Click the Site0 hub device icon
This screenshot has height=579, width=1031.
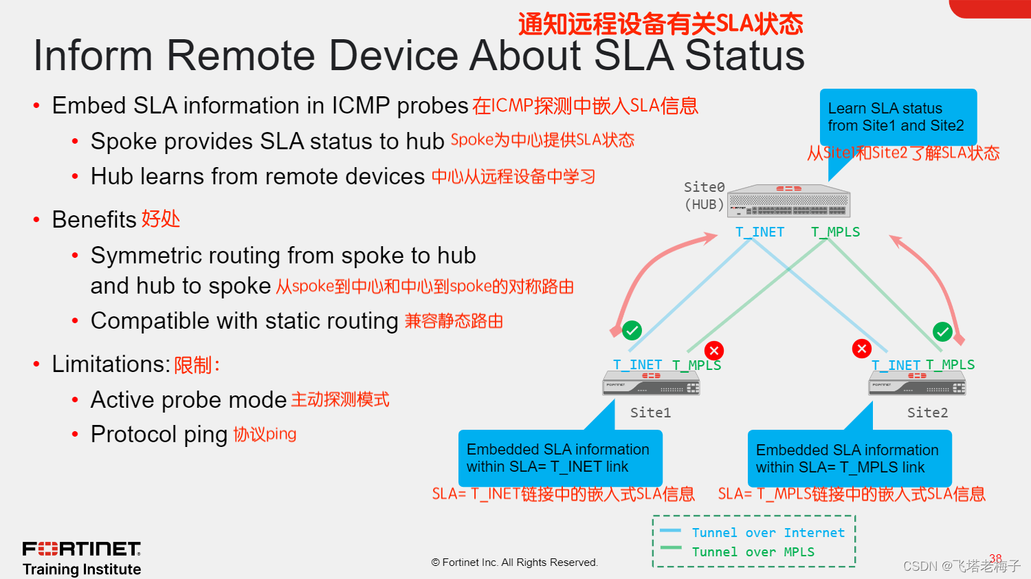pos(790,201)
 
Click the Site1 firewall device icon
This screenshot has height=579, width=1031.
pos(651,383)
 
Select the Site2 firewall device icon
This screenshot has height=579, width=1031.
pos(917,384)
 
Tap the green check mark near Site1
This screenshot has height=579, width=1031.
pos(632,330)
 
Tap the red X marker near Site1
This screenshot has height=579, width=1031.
pos(714,351)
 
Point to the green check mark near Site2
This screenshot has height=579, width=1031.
pos(942,331)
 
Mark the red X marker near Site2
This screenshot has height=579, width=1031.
pos(861,349)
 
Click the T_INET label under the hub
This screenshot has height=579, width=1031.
pos(760,232)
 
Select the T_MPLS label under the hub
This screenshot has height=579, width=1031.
pos(835,232)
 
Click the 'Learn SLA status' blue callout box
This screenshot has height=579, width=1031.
pos(898,117)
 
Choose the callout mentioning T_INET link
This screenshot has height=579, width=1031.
pos(559,458)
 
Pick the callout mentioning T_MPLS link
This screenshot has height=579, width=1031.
pos(849,459)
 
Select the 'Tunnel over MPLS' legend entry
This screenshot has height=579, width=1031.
pos(753,552)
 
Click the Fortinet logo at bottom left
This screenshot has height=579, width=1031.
pos(82,549)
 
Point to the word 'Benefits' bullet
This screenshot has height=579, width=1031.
pos(94,220)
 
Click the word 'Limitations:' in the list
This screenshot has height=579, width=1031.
pos(111,364)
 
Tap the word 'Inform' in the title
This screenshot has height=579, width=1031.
pos(93,56)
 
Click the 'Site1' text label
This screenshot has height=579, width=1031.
pos(650,413)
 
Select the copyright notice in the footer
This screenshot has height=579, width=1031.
pos(515,562)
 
